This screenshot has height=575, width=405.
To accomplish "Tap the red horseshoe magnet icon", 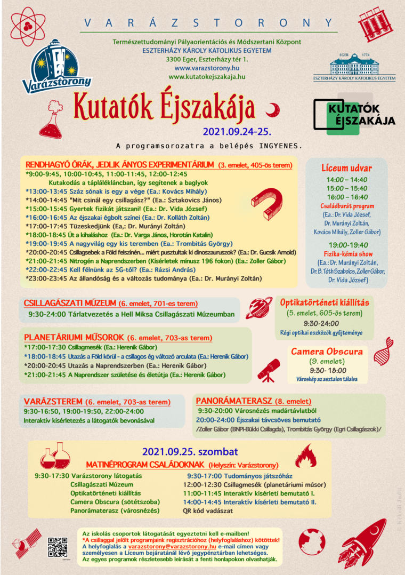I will [x=268, y=207].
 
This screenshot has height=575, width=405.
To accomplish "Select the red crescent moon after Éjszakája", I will [x=273, y=109].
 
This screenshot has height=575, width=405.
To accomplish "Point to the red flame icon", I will [x=306, y=456].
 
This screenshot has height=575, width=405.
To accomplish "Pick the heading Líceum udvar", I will [x=346, y=167].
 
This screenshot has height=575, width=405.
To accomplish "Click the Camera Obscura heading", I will [x=327, y=352].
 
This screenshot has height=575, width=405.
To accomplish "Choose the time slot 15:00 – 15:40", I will [x=346, y=188].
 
